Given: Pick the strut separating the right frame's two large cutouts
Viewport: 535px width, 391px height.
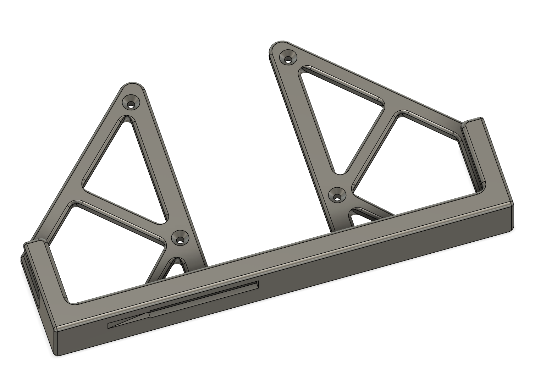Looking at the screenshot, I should (x=369, y=142).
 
